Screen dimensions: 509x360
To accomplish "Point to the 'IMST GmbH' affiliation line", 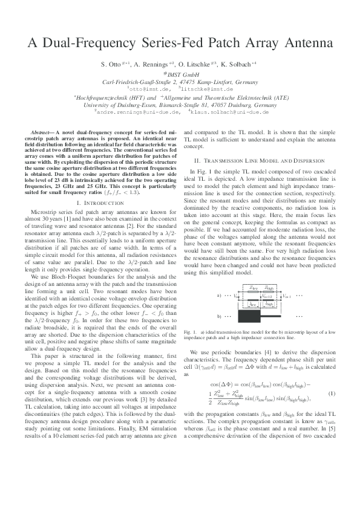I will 180,73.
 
